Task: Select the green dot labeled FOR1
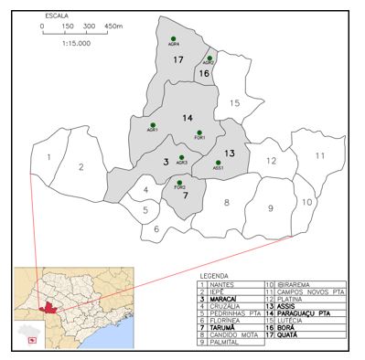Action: pyautogui.click(x=199, y=132)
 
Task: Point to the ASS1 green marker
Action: pyautogui.click(x=219, y=163)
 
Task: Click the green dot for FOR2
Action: pyautogui.click(x=179, y=182)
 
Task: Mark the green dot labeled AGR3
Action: pyautogui.click(x=182, y=157)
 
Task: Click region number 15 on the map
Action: pyautogui.click(x=234, y=103)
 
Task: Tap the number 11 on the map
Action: pyautogui.click(x=320, y=156)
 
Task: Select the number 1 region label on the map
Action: pyautogui.click(x=48, y=159)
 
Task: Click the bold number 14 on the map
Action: pyautogui.click(x=187, y=118)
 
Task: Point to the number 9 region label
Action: pyautogui.click(x=271, y=208)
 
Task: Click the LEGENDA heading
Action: pyautogui.click(x=214, y=274)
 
